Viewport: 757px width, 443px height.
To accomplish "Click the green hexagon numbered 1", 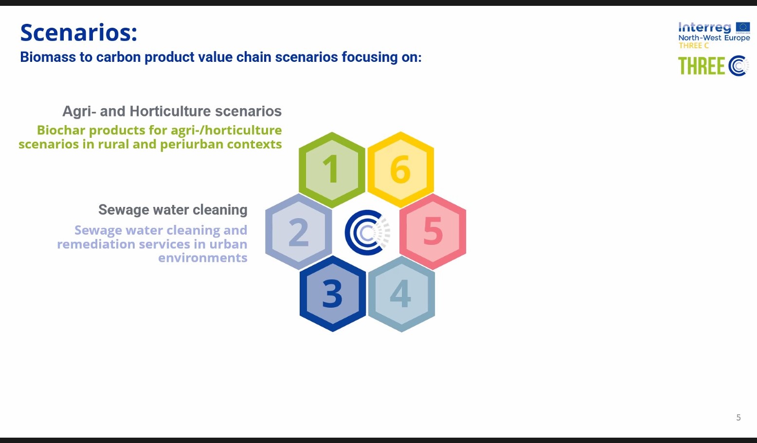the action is [332, 170].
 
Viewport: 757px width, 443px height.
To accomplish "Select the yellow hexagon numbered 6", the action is [400, 170].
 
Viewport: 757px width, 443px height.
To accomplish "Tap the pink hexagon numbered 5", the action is [433, 232].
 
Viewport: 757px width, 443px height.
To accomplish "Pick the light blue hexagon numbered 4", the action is [401, 294].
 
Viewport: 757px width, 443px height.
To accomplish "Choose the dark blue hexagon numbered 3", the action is [333, 294].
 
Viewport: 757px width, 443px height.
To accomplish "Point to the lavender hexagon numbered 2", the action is [298, 232].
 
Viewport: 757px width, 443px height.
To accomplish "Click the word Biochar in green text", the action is [61, 130].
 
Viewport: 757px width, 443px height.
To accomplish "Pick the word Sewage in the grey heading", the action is [124, 210].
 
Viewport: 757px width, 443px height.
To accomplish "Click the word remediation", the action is [96, 244].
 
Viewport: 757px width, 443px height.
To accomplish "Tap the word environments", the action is [203, 258].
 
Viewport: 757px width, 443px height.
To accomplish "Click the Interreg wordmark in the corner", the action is [704, 27].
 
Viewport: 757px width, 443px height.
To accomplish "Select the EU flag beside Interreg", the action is [743, 28].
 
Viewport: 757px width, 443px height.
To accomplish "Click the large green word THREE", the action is [701, 66].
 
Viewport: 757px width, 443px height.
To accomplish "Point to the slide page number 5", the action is [739, 418].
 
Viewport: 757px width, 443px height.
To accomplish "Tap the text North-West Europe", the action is [714, 38].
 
